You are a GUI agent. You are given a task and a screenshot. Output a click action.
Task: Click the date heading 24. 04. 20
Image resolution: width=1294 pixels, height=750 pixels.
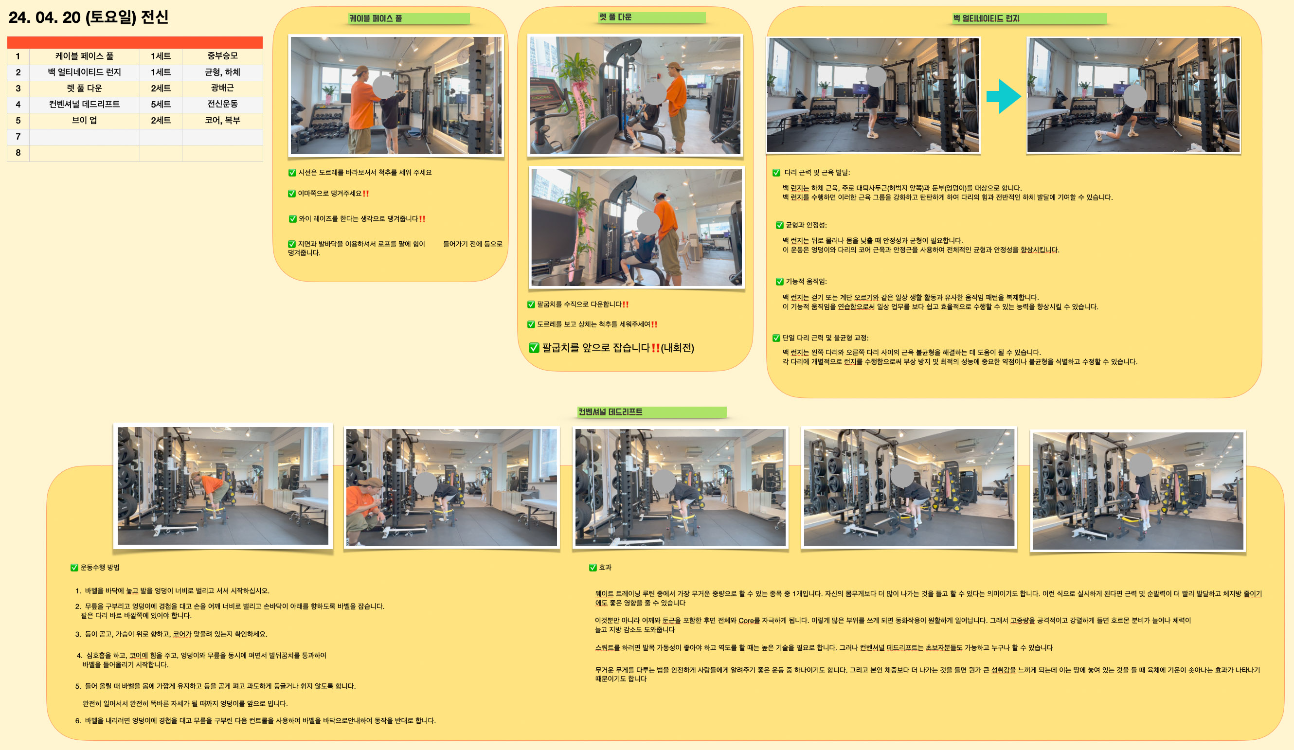(x=45, y=18)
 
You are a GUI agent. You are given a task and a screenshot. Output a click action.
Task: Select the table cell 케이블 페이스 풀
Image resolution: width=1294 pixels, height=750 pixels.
(x=84, y=56)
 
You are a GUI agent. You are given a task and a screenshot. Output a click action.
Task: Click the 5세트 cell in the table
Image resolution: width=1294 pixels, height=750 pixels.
(x=161, y=104)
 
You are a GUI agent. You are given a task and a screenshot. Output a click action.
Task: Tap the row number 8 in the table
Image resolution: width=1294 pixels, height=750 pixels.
(x=18, y=152)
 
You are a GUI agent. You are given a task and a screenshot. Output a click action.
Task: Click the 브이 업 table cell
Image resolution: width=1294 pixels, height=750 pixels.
(x=84, y=120)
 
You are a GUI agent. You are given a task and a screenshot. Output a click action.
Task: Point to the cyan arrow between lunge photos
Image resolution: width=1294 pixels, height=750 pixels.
(x=1003, y=96)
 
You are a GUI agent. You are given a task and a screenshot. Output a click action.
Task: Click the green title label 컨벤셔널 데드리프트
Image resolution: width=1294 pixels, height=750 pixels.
(x=651, y=411)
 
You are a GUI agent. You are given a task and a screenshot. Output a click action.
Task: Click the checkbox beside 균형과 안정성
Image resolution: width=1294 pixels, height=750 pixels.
(x=779, y=225)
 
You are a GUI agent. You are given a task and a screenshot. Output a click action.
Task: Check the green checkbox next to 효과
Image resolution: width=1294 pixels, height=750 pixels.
(x=593, y=567)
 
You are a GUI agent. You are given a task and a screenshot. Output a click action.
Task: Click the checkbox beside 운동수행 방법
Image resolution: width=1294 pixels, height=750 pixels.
(x=74, y=567)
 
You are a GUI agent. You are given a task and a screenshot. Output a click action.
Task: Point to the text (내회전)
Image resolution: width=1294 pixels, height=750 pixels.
(x=677, y=348)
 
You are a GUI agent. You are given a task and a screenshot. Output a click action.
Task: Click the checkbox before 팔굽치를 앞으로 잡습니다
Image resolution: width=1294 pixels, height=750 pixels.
(x=534, y=348)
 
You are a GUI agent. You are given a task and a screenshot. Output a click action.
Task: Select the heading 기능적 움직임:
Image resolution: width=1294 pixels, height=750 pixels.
(x=806, y=281)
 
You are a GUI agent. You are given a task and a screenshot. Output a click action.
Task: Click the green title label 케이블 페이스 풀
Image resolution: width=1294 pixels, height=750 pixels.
(x=408, y=18)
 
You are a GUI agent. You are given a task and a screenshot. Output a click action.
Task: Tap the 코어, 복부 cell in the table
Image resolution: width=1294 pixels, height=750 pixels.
(x=222, y=120)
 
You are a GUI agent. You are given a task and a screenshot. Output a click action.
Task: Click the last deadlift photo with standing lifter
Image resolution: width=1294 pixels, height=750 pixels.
(x=1137, y=491)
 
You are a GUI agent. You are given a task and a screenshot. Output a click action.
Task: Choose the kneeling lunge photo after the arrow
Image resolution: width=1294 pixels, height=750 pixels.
(x=1133, y=95)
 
